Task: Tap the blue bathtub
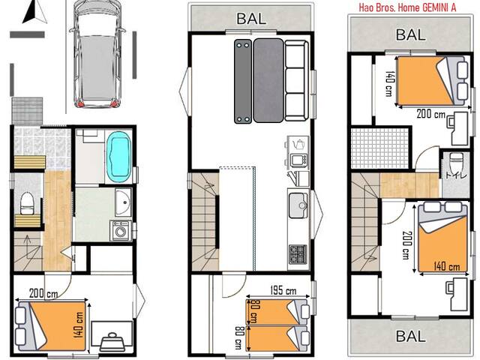pyautogui.click(x=118, y=156)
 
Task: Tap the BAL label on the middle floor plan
pyautogui.click(x=250, y=18)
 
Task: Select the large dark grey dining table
pyautogui.click(x=268, y=80)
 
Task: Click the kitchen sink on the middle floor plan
pyautogui.click(x=297, y=203)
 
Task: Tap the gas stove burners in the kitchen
pyautogui.click(x=298, y=253)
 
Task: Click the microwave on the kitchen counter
pyautogui.click(x=298, y=159)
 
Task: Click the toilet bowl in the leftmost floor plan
pyautogui.click(x=26, y=201)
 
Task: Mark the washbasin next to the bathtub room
pyautogui.click(x=121, y=200)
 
